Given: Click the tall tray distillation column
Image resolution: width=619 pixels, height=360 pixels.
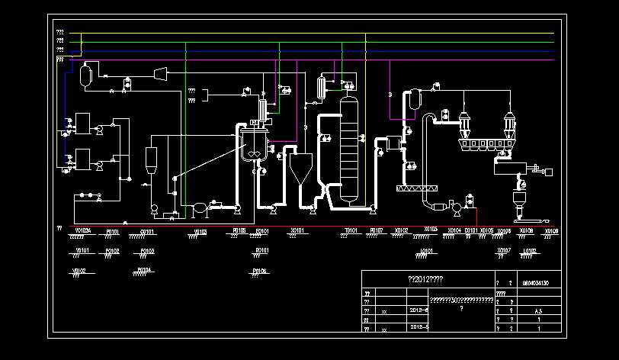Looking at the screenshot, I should pyautogui.click(x=348, y=149).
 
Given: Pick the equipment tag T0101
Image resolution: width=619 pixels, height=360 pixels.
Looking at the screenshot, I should pyautogui.click(x=351, y=230).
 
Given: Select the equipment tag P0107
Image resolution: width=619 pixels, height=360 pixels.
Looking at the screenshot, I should pyautogui.click(x=376, y=230).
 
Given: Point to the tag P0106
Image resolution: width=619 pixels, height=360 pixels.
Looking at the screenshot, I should pyautogui.click(x=259, y=271).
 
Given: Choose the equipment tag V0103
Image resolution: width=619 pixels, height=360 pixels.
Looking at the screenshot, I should pyautogui.click(x=200, y=231).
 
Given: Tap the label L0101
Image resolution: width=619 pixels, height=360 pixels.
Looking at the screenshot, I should pyautogui.click(x=427, y=250).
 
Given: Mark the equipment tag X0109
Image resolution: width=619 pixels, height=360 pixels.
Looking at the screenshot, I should pyautogui.click(x=551, y=230).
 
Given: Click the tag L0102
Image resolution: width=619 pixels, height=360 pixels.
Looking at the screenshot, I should pyautogui.click(x=530, y=250).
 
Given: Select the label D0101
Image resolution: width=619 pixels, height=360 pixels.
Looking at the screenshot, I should pyautogui.click(x=470, y=230).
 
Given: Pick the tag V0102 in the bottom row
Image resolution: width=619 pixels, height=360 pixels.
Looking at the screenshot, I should pyautogui.click(x=79, y=271).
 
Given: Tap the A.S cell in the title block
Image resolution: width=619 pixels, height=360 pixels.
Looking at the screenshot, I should pyautogui.click(x=538, y=311).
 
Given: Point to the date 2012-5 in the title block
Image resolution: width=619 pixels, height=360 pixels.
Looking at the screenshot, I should pyautogui.click(x=419, y=326).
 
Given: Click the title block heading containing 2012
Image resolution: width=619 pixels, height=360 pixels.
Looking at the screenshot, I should pyautogui.click(x=426, y=279).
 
